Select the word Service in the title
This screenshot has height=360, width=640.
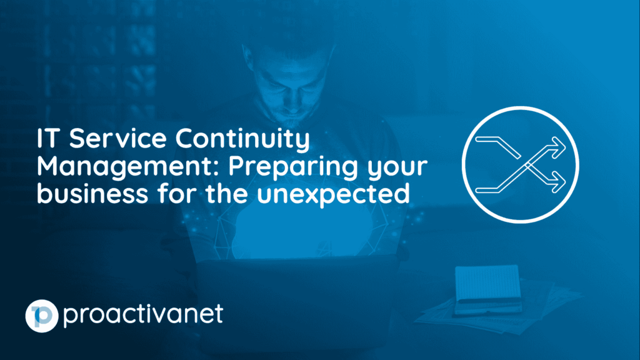pos(117,138)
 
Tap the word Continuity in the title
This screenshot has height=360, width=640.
pos(242,139)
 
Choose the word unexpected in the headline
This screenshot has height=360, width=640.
pos(334,194)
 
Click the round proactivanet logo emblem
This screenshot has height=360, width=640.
pos(42,316)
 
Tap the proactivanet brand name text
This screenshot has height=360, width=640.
pos(143,315)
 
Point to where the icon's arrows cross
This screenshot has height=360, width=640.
pos(528,165)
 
